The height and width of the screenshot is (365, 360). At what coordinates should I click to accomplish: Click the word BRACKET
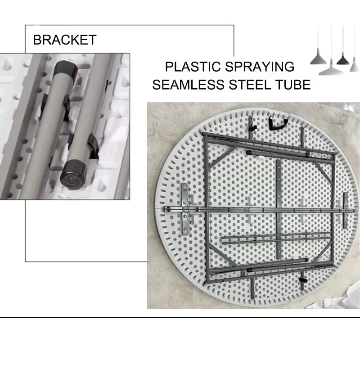coord(65,40)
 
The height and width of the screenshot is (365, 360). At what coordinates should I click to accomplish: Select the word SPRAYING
coord(260,67)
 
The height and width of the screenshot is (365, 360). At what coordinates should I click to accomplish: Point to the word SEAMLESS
coord(189,84)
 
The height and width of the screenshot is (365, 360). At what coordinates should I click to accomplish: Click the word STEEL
coord(250,84)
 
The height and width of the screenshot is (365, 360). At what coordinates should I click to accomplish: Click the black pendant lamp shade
coord(343,60)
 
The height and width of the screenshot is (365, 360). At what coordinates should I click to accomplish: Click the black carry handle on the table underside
coord(278,123)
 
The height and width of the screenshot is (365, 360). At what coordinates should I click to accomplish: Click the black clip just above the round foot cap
coord(94,145)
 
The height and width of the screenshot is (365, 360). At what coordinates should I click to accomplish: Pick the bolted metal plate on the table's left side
coord(184,208)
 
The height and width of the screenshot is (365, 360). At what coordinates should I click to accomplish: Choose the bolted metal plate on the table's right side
coord(345,211)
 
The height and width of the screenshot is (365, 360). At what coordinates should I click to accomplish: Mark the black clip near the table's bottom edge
coord(303,280)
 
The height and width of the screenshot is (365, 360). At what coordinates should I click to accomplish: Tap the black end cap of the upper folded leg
coord(249,153)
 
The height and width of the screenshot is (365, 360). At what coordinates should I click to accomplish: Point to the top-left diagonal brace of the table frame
coord(220,158)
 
